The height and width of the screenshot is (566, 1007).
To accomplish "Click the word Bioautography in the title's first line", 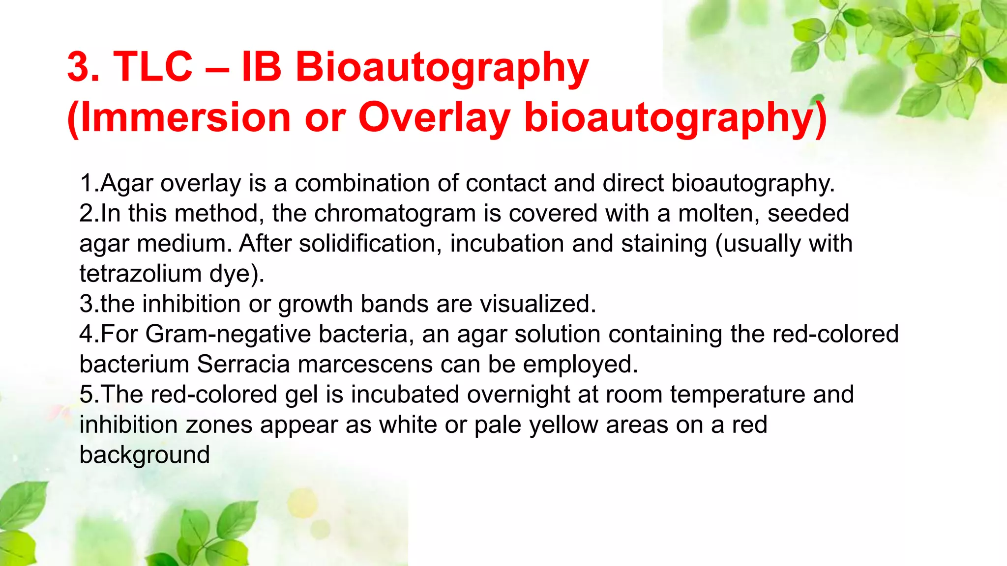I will pos(442,68).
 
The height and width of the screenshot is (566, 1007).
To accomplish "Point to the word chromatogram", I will pos(395,214).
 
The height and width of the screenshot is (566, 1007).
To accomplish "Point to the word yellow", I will pos(563,425).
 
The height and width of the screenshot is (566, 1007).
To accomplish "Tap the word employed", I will pos(580,365).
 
